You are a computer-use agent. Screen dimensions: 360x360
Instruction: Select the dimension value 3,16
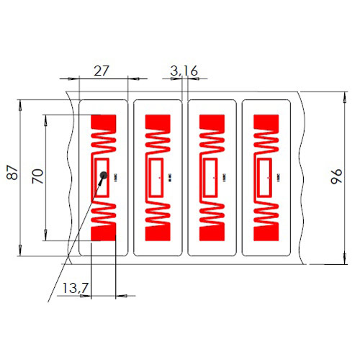pyautogui.click(x=184, y=70)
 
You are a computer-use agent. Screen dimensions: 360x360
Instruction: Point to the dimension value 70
pyautogui.click(x=38, y=176)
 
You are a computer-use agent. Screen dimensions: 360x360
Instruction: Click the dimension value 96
pyautogui.click(x=336, y=177)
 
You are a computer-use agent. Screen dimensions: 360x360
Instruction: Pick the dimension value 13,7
pyautogui.click(x=75, y=288)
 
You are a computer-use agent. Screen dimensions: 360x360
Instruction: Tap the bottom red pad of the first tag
pyautogui.click(x=105, y=233)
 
